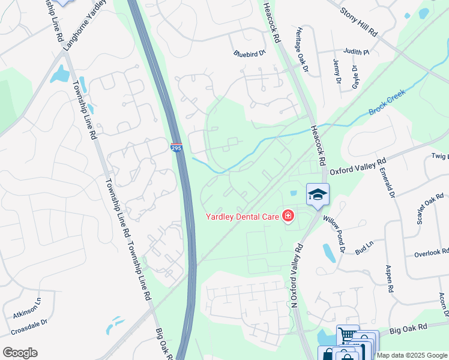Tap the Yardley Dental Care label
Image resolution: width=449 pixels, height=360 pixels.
[x=243, y=217]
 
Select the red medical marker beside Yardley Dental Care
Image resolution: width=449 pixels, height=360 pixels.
[x=288, y=215]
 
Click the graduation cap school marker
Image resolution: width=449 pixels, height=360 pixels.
[x=318, y=194]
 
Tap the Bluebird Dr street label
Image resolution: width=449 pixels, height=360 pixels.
[x=249, y=53]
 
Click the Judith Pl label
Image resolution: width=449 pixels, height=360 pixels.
[x=357, y=52]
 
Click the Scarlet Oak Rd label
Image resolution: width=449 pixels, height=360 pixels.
[x=430, y=210]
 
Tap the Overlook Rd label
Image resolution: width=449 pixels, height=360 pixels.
[x=432, y=253]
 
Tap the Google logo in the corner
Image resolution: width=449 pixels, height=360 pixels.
[x=20, y=353]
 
